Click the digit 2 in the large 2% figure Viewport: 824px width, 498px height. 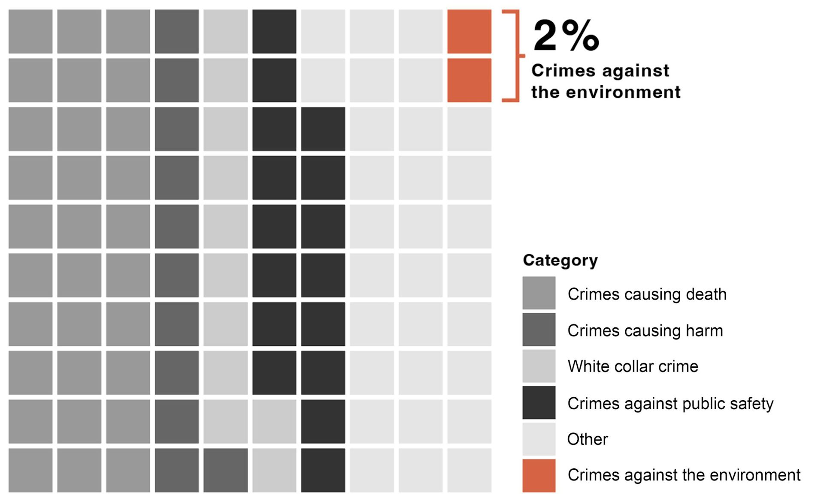[x=545, y=36]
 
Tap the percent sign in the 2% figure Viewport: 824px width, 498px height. [x=580, y=36]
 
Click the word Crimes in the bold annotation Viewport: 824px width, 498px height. [x=558, y=71]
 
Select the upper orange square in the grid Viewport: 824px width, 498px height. [x=469, y=32]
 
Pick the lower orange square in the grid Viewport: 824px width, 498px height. [x=469, y=80]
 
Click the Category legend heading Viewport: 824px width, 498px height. [x=560, y=260]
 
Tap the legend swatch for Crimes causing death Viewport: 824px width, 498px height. [x=539, y=293]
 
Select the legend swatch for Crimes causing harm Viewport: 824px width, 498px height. [x=539, y=330]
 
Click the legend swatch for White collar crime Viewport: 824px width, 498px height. [x=539, y=366]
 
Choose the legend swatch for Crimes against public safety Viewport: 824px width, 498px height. [x=539, y=403]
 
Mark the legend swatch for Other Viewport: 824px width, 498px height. [x=539, y=439]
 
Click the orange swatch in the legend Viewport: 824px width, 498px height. [x=539, y=476]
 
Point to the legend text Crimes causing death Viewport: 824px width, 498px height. [x=647, y=294]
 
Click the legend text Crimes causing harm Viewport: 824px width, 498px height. [x=645, y=331]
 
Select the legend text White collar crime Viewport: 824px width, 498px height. [x=633, y=366]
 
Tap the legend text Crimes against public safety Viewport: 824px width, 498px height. [x=670, y=404]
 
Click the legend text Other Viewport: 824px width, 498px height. [x=588, y=440]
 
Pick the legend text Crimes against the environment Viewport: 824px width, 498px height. [x=684, y=475]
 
